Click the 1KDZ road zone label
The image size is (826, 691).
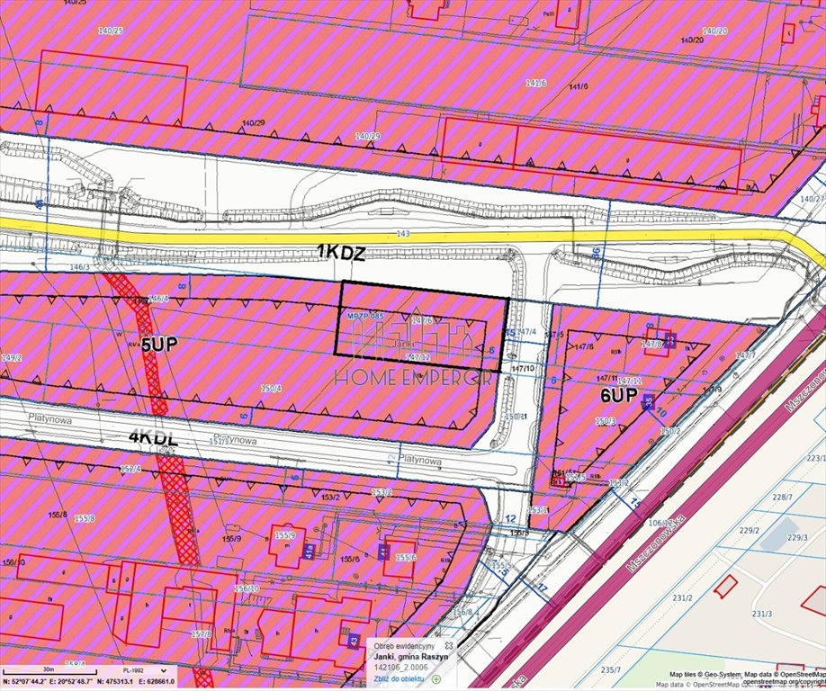(x=341, y=254)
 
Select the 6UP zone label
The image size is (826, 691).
(x=619, y=395)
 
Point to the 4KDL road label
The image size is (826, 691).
(x=154, y=438)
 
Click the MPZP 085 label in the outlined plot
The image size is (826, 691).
(x=364, y=317)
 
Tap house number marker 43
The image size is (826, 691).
(x=354, y=640)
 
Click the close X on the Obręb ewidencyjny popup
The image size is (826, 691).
(x=448, y=646)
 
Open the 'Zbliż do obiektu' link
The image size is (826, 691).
(x=401, y=679)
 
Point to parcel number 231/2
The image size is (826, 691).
(x=683, y=597)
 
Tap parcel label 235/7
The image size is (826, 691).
(x=611, y=669)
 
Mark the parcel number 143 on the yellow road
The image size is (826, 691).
(x=402, y=233)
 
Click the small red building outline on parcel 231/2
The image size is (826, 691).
(x=725, y=586)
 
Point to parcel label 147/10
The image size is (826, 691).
(x=523, y=368)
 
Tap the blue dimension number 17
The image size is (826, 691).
(x=542, y=587)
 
